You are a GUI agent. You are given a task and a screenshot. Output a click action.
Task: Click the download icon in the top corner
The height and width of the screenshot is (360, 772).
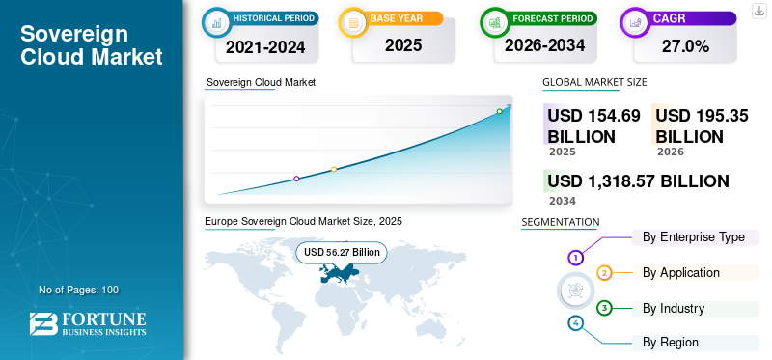758,11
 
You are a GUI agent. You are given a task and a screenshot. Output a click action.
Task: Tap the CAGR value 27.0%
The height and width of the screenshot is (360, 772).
685,46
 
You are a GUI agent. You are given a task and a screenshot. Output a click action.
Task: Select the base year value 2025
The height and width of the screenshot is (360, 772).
403,45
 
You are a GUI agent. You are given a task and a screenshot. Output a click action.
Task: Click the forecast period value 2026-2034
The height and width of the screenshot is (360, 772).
544,45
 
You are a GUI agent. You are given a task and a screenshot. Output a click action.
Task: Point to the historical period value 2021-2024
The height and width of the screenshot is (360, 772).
265,47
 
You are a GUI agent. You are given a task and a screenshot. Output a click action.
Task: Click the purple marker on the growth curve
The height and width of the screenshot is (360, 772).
296,179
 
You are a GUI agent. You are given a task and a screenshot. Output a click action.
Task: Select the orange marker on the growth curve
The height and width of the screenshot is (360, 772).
334,170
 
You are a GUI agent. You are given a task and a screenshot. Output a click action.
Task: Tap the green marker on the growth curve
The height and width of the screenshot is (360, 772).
499,111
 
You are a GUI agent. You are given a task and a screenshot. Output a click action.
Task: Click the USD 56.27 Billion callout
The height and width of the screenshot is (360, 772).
342,252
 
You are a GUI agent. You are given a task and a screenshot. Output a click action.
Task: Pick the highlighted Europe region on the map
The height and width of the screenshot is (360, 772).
339,272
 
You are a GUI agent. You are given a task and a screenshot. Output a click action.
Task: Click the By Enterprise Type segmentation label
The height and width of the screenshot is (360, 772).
693,236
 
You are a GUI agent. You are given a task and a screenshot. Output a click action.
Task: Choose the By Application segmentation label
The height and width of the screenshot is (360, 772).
681,272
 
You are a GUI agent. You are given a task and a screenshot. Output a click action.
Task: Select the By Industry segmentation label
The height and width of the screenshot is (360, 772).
674,308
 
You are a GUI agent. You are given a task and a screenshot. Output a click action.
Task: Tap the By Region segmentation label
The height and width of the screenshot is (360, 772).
670,342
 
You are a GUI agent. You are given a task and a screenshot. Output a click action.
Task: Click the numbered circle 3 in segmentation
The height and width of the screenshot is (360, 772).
604,309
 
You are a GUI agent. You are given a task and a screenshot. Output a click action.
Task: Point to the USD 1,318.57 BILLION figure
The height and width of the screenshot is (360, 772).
638,181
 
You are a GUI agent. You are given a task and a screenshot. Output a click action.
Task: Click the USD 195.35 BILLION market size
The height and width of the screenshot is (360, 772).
703,126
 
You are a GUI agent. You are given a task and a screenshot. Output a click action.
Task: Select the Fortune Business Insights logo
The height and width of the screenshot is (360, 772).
88,323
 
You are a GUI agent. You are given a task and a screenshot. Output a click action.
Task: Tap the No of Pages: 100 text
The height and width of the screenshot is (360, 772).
79,290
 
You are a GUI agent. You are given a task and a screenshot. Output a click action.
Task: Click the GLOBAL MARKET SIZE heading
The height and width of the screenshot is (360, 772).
594,82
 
